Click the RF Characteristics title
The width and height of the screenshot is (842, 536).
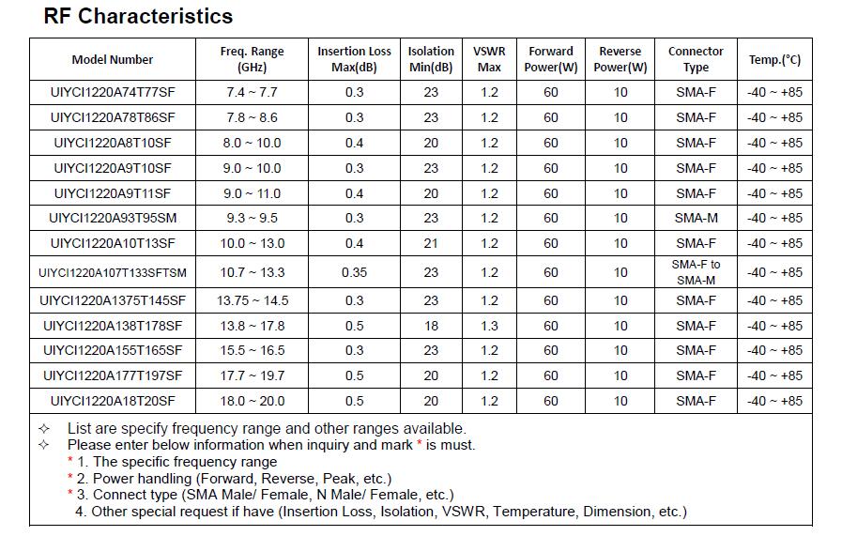[x=138, y=16]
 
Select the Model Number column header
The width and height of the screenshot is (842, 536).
[x=113, y=60]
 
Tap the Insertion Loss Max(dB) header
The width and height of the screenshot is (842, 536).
[x=354, y=59]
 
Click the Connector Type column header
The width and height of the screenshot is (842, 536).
[x=696, y=59]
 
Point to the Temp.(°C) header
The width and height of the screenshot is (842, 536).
[x=774, y=60]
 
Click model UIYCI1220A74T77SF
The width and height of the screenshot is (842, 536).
[x=113, y=92]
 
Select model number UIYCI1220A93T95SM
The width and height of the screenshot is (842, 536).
[x=113, y=218]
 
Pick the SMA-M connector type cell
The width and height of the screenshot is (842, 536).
[x=696, y=218]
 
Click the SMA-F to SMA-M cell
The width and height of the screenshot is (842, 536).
[x=696, y=272]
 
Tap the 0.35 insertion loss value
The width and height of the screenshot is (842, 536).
[x=355, y=272]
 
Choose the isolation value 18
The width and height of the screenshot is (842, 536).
[x=431, y=326]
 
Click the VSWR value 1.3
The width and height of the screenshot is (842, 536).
[x=489, y=326]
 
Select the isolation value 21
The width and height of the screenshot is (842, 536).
[x=431, y=243]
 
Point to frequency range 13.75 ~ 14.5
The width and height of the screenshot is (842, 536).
[x=253, y=300]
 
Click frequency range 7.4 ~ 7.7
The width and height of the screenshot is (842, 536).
[x=252, y=92]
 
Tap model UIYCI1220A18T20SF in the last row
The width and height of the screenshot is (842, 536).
[x=113, y=401]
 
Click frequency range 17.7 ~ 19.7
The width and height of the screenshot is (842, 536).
[x=252, y=376]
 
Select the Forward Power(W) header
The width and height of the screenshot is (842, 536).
[x=551, y=59]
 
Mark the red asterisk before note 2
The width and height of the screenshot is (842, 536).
[x=70, y=476]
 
